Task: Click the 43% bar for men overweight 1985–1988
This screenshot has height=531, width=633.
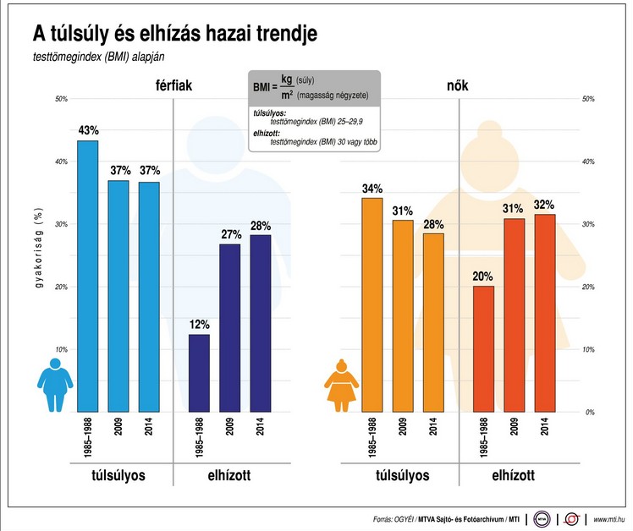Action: pyautogui.click(x=88, y=276)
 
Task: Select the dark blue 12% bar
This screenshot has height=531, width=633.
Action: pyautogui.click(x=199, y=373)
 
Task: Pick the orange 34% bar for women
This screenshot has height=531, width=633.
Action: pyautogui.click(x=372, y=304)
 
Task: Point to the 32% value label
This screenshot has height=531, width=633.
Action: pyautogui.click(x=545, y=204)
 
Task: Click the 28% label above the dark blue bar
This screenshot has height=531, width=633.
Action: pyautogui.click(x=261, y=225)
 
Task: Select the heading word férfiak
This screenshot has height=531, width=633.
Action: pyautogui.click(x=175, y=86)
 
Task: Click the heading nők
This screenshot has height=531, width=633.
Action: pyautogui.click(x=458, y=86)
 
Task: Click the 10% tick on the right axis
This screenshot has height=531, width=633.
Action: pyautogui.click(x=589, y=349)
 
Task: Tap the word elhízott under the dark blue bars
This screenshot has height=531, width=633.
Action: pyautogui.click(x=229, y=475)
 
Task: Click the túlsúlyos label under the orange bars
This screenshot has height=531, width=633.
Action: pyautogui.click(x=403, y=475)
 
